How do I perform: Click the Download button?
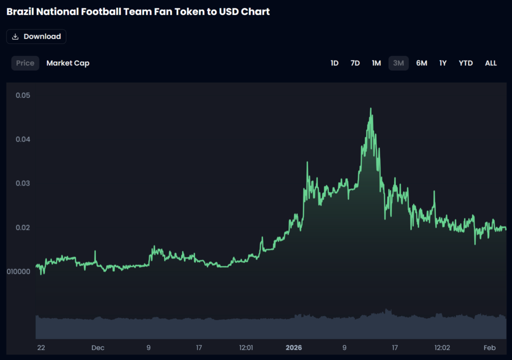click(36, 36)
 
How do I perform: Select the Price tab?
click(25, 63)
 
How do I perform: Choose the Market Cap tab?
click(68, 63)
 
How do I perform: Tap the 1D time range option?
click(334, 63)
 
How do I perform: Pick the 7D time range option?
click(355, 63)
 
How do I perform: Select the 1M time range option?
click(376, 63)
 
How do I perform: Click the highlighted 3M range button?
click(398, 63)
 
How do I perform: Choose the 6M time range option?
click(421, 63)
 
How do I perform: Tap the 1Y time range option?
click(443, 63)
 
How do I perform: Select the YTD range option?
click(465, 63)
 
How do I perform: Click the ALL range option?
click(491, 63)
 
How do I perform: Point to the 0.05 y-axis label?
click(22, 95)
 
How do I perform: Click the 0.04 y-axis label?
click(22, 139)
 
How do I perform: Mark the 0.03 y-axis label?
click(22, 183)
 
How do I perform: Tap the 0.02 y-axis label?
click(22, 227)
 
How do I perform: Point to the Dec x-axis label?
click(97, 347)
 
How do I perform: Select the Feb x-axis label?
click(489, 347)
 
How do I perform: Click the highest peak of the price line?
click(370, 108)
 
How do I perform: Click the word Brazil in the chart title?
click(21, 11)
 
